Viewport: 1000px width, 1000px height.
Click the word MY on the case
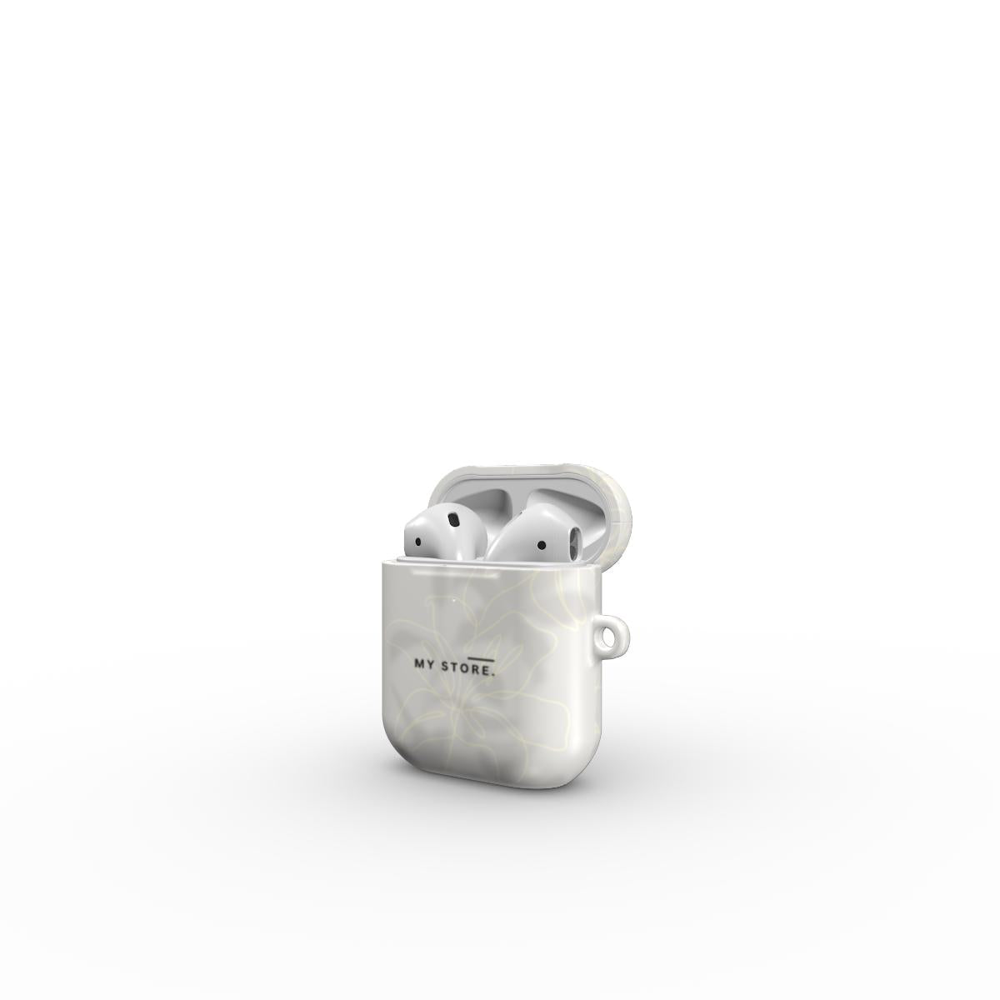[x=424, y=663]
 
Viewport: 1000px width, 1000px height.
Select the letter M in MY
[x=419, y=663]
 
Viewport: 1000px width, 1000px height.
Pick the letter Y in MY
[x=431, y=664]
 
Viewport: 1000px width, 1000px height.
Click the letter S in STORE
[x=444, y=667]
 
